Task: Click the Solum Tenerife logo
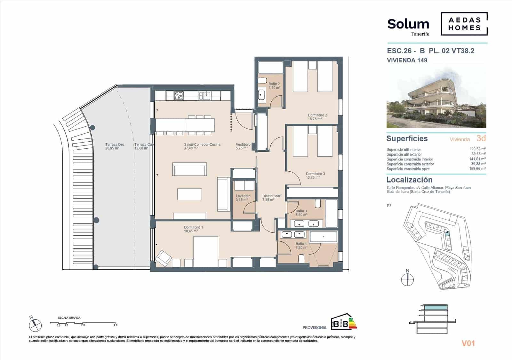click(x=408, y=26)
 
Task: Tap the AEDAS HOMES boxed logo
click(x=464, y=24)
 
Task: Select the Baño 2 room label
click(x=274, y=86)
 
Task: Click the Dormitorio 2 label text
click(x=317, y=117)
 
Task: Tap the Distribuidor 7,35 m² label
click(x=271, y=198)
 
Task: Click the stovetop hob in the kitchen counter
click(x=179, y=95)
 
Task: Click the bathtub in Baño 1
click(x=323, y=237)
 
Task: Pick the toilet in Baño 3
click(x=318, y=204)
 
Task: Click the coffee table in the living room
click(x=189, y=194)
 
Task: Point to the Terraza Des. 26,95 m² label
click(x=115, y=146)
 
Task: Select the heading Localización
click(x=409, y=180)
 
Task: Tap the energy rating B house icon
click(x=340, y=321)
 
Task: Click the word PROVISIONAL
click(x=315, y=327)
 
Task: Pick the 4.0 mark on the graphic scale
click(x=115, y=325)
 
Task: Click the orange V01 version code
click(x=468, y=343)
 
